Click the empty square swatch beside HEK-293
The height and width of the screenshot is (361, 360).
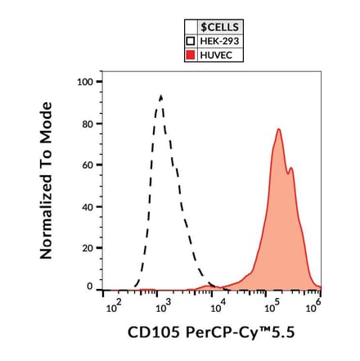pos(191,42)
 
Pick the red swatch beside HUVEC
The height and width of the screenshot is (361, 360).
pos(191,56)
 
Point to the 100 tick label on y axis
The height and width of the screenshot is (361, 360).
pos(85,82)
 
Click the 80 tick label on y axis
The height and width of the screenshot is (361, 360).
pos(88,124)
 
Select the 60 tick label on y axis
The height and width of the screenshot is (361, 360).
pos(88,165)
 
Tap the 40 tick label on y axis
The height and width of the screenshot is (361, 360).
pos(88,206)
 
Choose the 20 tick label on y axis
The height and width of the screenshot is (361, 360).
pos(88,247)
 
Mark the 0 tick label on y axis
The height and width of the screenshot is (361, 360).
pos(90,287)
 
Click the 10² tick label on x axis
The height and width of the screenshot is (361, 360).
pos(113,307)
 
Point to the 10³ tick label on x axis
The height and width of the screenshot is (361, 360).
pos(162,307)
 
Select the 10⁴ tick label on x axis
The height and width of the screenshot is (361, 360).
pos(218,307)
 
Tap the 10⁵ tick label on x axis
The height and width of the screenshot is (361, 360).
pos(272,307)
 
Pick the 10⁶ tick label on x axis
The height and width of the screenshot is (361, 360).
pos(313,307)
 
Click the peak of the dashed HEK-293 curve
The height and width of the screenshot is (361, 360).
pos(161,96)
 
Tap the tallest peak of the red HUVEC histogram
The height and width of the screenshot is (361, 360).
pos(279,129)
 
